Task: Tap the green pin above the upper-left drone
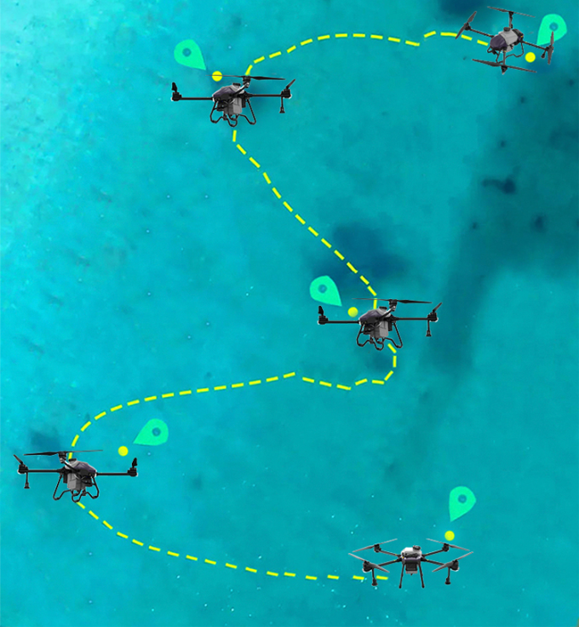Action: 188,54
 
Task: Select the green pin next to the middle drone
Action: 325,290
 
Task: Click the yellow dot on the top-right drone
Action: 530,57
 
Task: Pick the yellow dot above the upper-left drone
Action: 217,76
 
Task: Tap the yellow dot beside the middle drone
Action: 353,312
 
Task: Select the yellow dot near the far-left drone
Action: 123,451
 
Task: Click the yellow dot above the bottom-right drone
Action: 450,535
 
